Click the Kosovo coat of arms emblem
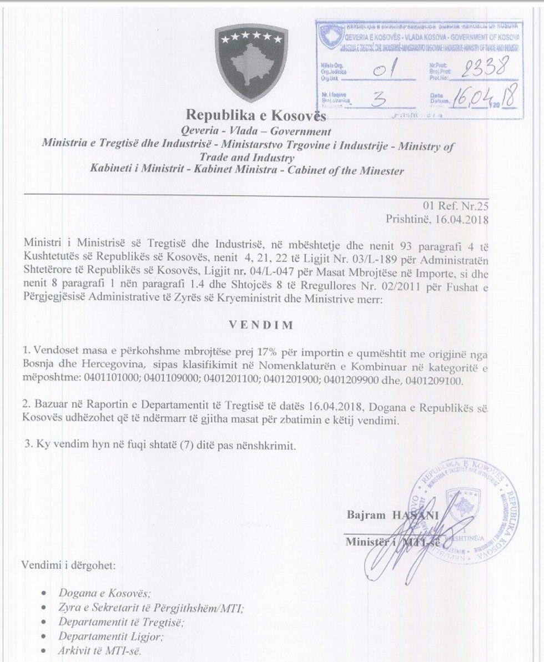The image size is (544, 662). tap(251, 62)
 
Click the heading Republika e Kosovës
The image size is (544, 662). tap(256, 115)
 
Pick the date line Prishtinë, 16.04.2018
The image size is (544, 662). tap(437, 219)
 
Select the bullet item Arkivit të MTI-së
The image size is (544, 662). tap(100, 650)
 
